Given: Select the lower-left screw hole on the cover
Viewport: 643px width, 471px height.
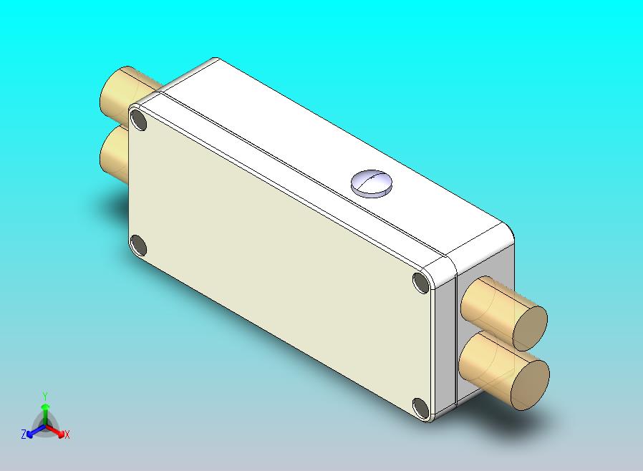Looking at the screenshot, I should [139, 247].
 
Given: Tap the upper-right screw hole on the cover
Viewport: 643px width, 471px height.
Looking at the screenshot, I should [422, 283].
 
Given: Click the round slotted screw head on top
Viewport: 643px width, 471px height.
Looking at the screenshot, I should [372, 183].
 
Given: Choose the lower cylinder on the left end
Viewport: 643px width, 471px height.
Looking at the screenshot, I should [113, 154].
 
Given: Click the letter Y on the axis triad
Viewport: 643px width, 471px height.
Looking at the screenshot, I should [45, 396].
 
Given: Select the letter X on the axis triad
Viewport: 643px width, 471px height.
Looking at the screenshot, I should [67, 434].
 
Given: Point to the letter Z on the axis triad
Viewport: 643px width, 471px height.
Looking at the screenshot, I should [24, 434].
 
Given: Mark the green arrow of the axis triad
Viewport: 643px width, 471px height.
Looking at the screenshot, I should [45, 412].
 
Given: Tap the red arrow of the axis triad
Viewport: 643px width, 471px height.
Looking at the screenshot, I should [56, 431].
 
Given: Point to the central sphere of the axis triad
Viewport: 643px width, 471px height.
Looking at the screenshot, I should [45, 427].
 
